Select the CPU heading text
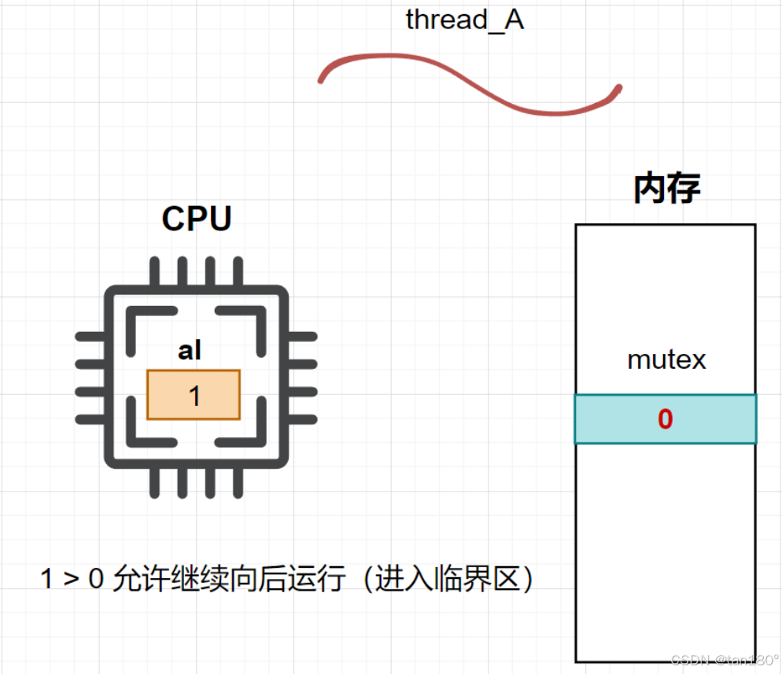197,219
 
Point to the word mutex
667,359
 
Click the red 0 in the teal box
666,418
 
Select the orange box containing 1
194,395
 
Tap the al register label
190,350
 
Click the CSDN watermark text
725,660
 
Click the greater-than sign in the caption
72,579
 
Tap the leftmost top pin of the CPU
155,271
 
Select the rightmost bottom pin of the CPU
238,483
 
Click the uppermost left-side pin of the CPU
90,337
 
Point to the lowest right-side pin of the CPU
302,419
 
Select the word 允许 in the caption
142,579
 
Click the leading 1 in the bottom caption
46,579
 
